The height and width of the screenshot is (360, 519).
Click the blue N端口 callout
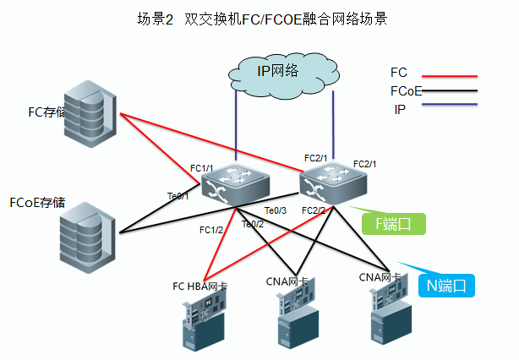446,285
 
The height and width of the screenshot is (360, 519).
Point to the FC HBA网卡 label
199,286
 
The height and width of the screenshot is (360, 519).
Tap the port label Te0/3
276,210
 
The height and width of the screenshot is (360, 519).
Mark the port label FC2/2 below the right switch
313,210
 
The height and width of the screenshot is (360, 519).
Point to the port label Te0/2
253,224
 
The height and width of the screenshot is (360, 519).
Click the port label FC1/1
201,168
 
